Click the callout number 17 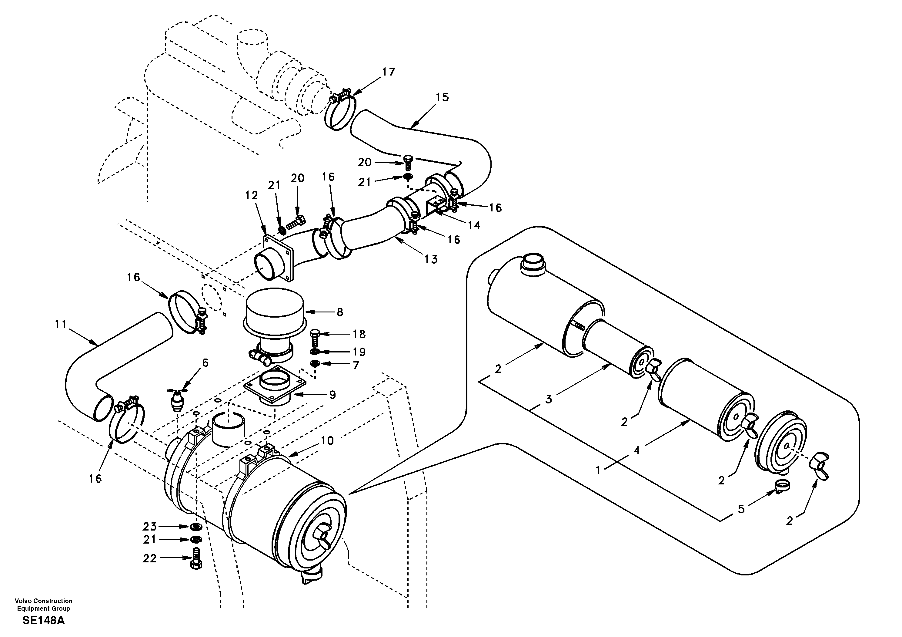tap(388, 72)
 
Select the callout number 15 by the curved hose tap(442, 97)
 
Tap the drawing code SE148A tap(43, 621)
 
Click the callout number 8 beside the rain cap tap(340, 312)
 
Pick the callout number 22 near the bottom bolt tap(149, 558)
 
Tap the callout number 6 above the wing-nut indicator tap(205, 362)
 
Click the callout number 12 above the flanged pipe tap(252, 195)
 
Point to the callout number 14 tap(474, 225)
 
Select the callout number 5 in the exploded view tap(741, 509)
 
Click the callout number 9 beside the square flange tap(332, 395)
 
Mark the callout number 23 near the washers tap(149, 526)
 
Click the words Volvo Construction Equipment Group tap(43, 604)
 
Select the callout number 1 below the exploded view tap(598, 470)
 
